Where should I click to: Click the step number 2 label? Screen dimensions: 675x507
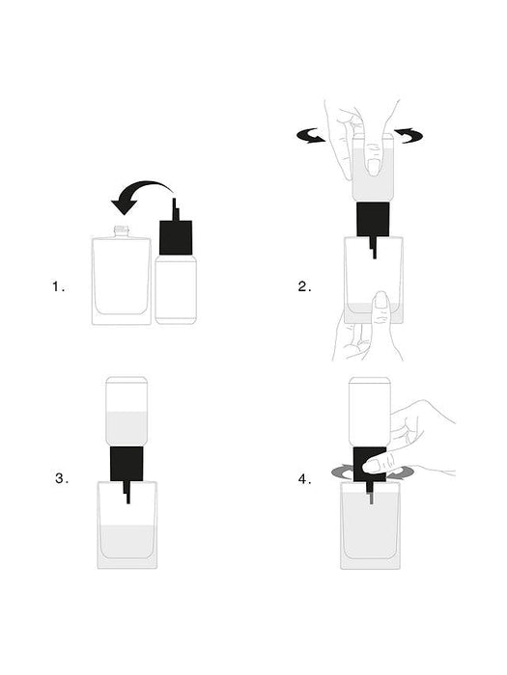pyautogui.click(x=304, y=286)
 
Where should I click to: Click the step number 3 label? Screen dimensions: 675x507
pyautogui.click(x=62, y=477)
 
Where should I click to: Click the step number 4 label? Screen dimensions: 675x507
pyautogui.click(x=304, y=477)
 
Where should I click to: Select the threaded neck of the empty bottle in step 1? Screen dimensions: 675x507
pyautogui.click(x=122, y=230)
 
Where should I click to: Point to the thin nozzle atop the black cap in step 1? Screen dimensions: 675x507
pyautogui.click(x=175, y=208)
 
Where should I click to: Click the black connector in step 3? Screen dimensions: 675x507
pyautogui.click(x=127, y=464)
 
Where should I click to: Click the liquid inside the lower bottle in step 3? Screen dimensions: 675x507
pyautogui.click(x=127, y=545)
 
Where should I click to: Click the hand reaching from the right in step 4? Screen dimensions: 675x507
pyautogui.click(x=425, y=439)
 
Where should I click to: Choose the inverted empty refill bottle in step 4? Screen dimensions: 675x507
pyautogui.click(x=369, y=410)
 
